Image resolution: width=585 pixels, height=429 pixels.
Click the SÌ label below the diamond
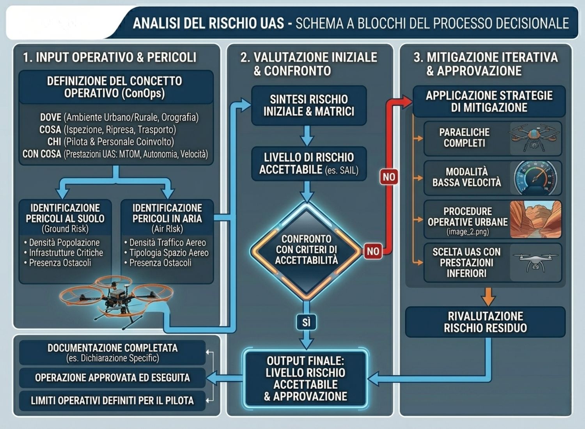[x=306, y=322]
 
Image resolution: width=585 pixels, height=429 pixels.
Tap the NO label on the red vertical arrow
[x=389, y=177]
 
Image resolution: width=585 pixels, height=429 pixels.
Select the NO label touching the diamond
[x=373, y=251]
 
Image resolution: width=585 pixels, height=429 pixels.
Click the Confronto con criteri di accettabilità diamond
[x=306, y=251]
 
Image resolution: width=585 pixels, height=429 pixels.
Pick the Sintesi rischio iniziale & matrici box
[x=309, y=105]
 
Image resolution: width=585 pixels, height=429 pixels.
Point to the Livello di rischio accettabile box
[x=309, y=164]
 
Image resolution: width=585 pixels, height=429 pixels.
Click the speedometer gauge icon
[x=535, y=178]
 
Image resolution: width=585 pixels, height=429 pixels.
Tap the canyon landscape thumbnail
[x=535, y=219]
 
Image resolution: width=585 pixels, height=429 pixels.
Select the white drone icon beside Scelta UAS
[x=535, y=262]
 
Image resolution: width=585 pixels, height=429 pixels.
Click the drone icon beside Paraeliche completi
[x=534, y=139]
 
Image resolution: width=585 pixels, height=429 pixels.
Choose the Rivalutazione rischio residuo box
[x=485, y=322]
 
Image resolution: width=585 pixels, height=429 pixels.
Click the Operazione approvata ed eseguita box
[x=112, y=378]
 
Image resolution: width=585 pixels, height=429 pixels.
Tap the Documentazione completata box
[x=112, y=353]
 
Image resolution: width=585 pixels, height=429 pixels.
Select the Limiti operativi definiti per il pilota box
[x=112, y=401]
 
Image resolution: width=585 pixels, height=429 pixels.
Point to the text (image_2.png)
[x=468, y=232]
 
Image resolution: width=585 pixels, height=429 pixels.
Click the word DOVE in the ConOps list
[x=51, y=117]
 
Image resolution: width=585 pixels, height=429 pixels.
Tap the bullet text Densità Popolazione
[x=64, y=243]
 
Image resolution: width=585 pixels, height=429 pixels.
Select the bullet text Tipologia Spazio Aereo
[x=169, y=253]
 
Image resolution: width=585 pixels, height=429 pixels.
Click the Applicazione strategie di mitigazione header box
[x=489, y=101]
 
